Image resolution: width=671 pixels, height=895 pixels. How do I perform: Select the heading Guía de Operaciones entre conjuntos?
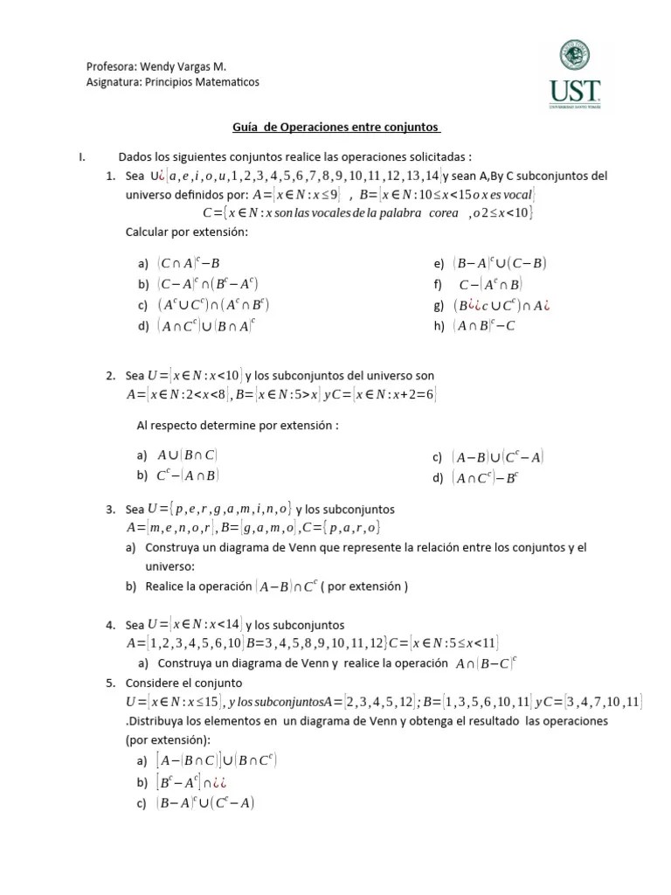click(336, 127)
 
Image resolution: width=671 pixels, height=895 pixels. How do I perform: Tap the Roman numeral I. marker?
click(81, 156)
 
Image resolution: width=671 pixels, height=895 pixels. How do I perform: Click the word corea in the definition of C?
click(444, 212)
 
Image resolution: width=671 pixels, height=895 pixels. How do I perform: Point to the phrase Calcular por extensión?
click(188, 232)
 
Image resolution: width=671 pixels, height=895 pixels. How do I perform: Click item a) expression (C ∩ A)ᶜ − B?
click(188, 263)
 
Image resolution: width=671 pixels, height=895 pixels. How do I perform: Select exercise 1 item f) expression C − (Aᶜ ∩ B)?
click(490, 284)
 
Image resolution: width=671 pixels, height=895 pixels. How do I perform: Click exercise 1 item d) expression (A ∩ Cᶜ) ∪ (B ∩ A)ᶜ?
click(206, 326)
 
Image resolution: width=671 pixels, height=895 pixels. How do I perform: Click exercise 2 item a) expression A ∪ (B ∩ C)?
click(187, 455)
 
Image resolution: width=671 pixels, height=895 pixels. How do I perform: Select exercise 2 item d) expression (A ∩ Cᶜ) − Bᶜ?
click(485, 478)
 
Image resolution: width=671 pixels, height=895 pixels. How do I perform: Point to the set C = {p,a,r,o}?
click(341, 528)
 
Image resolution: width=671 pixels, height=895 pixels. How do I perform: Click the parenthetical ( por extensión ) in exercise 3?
click(364, 586)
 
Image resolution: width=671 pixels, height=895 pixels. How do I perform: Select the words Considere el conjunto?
click(184, 683)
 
